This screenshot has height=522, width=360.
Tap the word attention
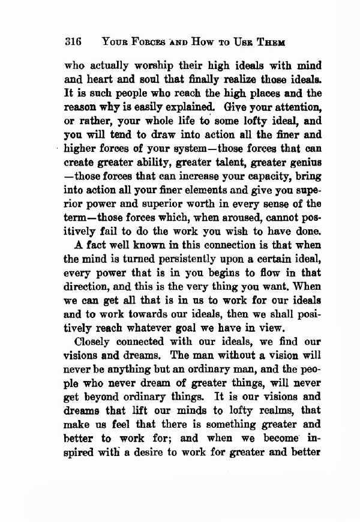[x=289, y=109]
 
